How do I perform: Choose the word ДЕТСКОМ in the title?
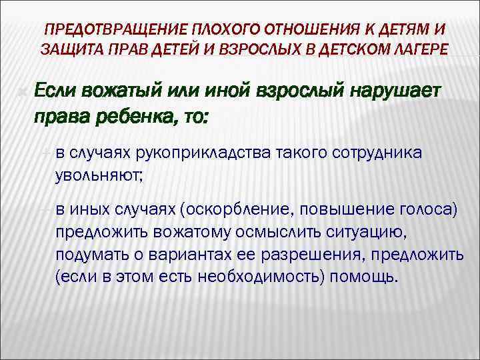click(332, 49)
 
